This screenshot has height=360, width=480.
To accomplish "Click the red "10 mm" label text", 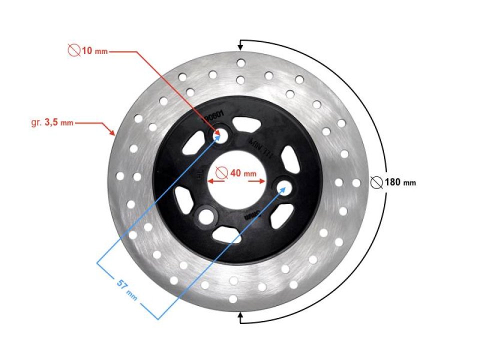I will pos(94,51).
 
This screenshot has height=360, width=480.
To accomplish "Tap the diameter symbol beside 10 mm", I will pos(74,50).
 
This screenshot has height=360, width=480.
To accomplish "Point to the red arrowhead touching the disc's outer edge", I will pos(112,133).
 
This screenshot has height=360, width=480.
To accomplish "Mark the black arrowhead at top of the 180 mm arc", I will pos(240,46).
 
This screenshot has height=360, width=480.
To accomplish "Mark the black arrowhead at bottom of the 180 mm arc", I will pos(240,315).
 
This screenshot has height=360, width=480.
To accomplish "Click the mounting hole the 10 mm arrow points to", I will pos(220,136).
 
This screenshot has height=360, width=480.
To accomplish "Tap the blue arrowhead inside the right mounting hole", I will pos(285,188).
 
